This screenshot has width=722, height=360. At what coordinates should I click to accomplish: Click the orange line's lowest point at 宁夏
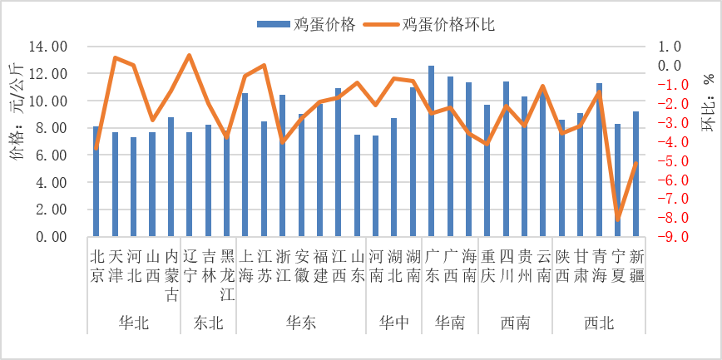click(618, 220)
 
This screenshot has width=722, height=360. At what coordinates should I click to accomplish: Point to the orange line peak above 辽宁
click(189, 56)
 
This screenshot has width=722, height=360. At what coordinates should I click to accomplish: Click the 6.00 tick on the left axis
click(52, 155)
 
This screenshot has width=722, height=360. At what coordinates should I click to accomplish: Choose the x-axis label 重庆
click(487, 265)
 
